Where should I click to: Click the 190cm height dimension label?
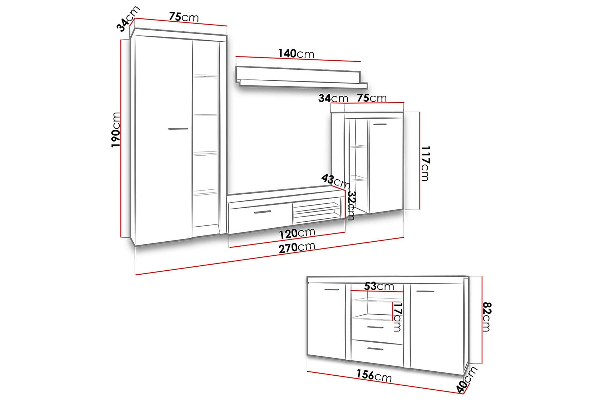coord(116,130)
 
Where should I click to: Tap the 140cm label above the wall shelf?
coord(296,54)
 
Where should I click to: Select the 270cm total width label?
coord(297,248)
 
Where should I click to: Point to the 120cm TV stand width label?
coord(297,233)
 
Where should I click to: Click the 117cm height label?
coord(425,163)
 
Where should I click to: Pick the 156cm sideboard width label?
coord(374,376)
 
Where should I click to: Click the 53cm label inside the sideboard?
coord(379,286)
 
